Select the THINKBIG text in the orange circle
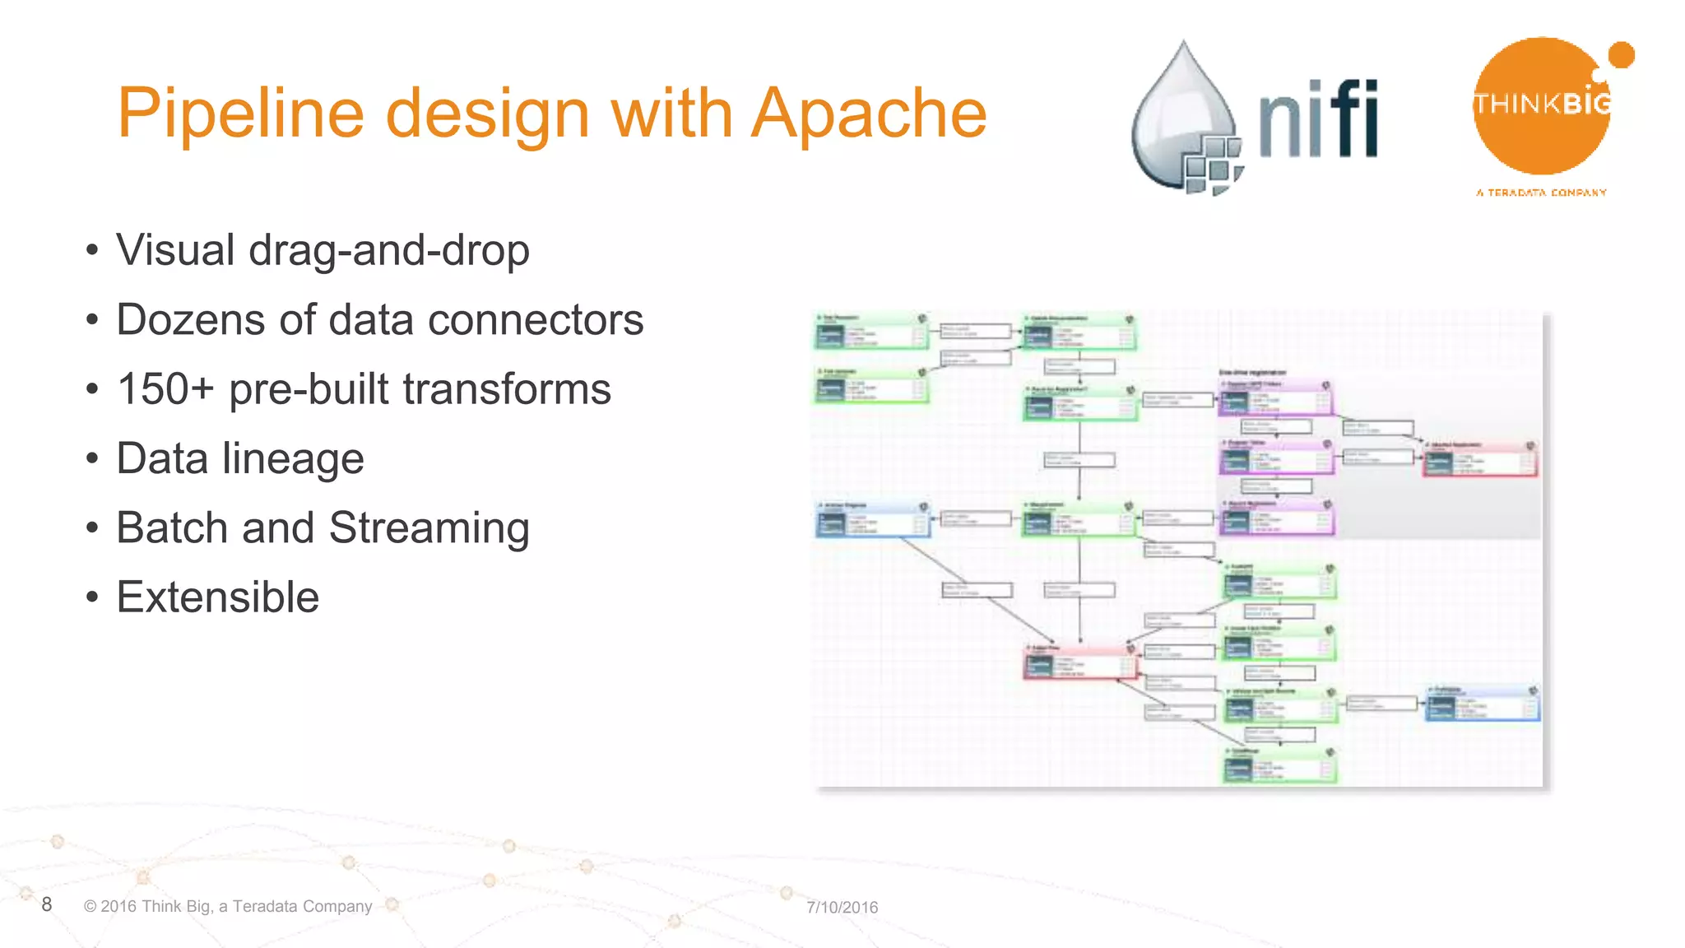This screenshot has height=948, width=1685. [x=1541, y=105]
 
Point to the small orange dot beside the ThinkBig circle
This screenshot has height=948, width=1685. [x=1621, y=55]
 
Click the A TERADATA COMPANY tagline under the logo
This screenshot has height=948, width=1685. [x=1541, y=193]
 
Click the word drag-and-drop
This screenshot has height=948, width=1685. [x=388, y=250]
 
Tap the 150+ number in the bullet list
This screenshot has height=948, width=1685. [x=165, y=389]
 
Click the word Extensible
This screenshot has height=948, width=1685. [x=217, y=597]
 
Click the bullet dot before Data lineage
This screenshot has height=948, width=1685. [x=92, y=459]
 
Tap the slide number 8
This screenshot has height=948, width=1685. [x=47, y=904]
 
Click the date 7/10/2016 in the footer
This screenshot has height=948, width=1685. [x=842, y=907]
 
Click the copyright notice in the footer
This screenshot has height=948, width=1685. [x=228, y=906]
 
